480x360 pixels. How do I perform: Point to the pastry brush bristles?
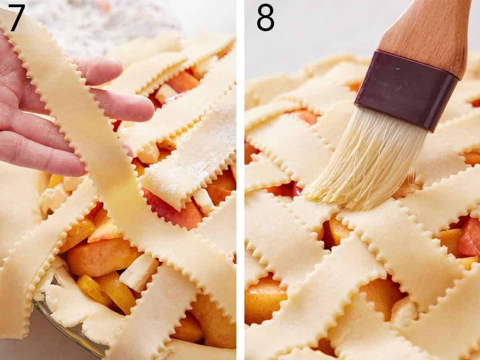368,160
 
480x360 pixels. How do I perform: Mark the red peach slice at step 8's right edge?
470,238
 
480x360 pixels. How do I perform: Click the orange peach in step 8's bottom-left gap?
264,300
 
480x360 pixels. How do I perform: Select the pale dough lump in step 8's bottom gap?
402,312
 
